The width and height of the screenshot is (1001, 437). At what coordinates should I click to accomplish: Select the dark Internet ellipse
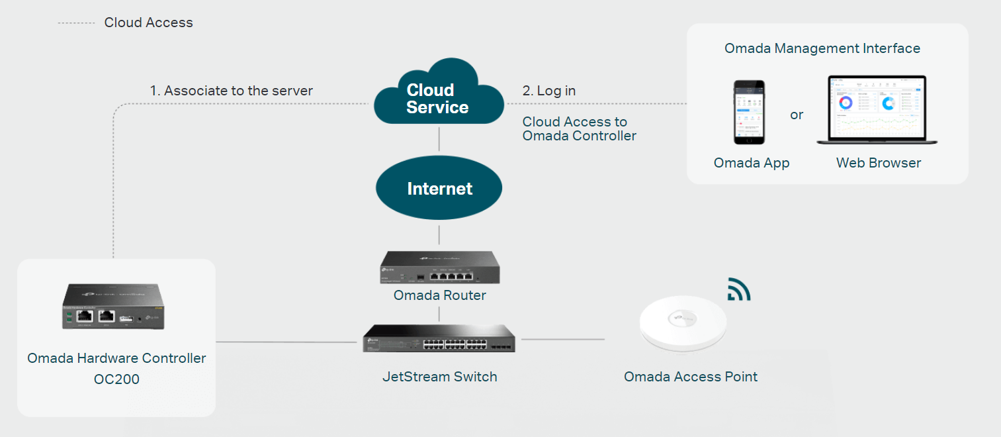[x=439, y=189]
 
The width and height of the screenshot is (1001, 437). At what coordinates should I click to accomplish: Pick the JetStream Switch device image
[x=439, y=338]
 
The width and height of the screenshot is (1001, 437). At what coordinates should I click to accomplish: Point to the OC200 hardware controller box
[x=112, y=307]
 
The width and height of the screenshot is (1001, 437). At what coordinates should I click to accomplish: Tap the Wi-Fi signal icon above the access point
[x=738, y=289]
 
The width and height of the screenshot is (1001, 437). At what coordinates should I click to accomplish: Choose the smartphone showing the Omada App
[x=749, y=113]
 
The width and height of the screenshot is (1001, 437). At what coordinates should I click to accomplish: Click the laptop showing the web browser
[x=877, y=111]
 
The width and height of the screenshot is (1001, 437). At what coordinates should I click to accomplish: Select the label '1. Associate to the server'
[x=231, y=91]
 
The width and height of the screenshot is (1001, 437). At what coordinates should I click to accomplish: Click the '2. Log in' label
[x=549, y=91]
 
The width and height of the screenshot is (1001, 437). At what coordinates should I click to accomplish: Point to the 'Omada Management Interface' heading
[x=822, y=48]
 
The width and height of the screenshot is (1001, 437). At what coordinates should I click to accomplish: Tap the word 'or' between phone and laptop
[x=797, y=115]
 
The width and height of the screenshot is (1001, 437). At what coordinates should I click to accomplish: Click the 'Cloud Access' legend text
[x=148, y=23]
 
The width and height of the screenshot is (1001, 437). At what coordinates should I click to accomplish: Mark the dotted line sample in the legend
[x=76, y=23]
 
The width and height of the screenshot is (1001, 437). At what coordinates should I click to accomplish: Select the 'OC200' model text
[x=116, y=380]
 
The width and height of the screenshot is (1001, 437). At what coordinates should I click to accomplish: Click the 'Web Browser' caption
[x=879, y=163]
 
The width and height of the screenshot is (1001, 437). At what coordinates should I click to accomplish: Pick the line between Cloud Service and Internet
[x=439, y=140]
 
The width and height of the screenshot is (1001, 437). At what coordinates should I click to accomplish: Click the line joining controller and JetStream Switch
[x=286, y=342]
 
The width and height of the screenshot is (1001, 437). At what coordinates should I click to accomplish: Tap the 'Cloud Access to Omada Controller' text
[x=579, y=129]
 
